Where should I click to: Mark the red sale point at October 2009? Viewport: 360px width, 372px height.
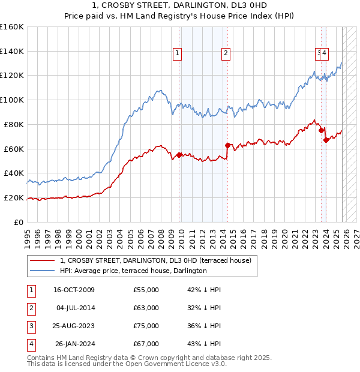point(179,155)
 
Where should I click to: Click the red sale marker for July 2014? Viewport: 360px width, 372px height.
point(227,145)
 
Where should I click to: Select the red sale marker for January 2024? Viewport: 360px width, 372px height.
point(326,140)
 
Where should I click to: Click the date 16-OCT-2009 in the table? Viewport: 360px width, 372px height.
point(74,290)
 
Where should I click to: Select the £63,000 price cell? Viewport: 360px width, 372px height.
point(146,308)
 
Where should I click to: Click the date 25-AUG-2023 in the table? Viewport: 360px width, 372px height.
point(74,326)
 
